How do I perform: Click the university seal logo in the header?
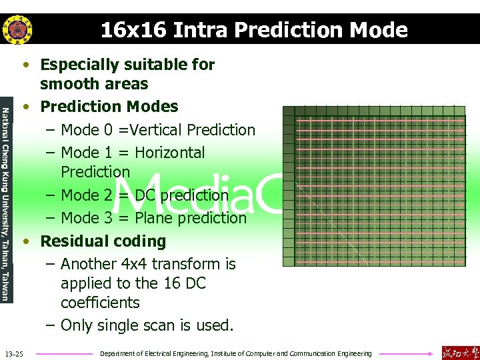[x=16, y=29]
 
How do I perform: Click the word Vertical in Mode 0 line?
[x=157, y=130]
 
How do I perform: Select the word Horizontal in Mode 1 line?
[x=169, y=153]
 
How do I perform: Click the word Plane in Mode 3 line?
[x=155, y=218]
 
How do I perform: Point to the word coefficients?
[x=100, y=303]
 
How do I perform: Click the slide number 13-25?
[x=13, y=353]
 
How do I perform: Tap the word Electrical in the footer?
[x=169, y=353]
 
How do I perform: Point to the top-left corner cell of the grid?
[x=288, y=112]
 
